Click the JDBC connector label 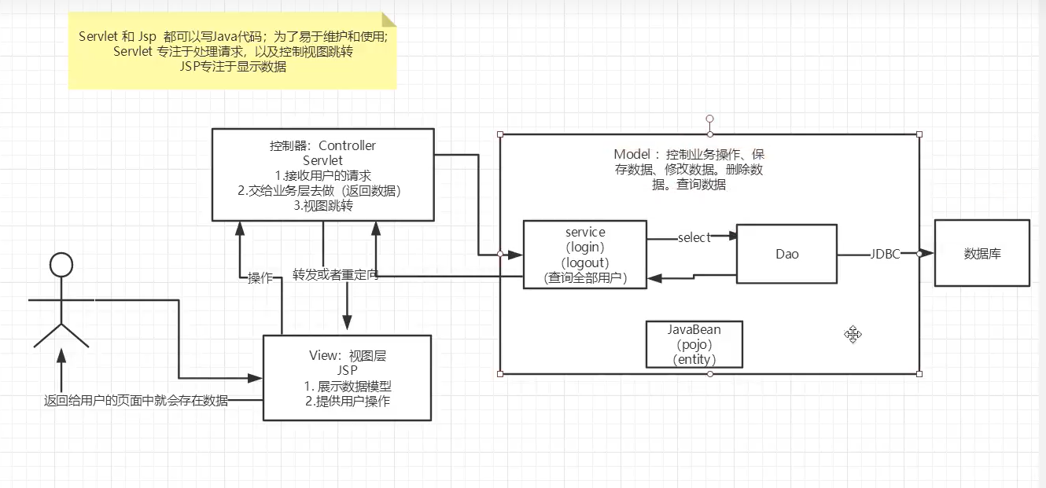click(885, 254)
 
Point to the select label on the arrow click(694, 237)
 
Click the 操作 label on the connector click(260, 278)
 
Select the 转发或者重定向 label click(335, 275)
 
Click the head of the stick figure click(61, 265)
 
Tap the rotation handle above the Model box click(709, 119)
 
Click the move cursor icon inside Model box click(853, 335)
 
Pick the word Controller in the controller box click(347, 145)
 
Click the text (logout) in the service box click(585, 262)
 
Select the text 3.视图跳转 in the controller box click(323, 206)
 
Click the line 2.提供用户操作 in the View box click(348, 402)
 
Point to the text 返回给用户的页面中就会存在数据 click(136, 400)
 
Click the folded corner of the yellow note click(389, 20)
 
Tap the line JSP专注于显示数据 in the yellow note click(233, 67)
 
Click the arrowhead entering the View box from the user click(255, 378)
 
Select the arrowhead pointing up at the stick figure click(61, 355)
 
